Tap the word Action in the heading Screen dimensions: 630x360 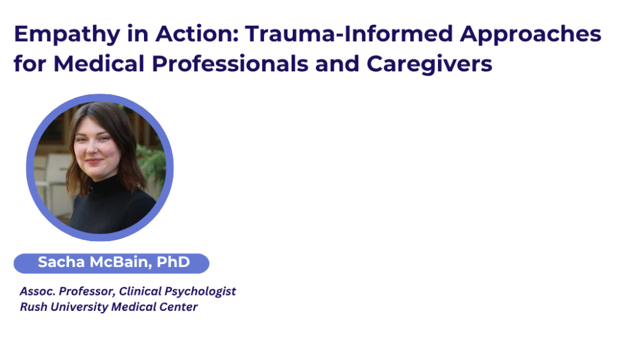coord(197,33)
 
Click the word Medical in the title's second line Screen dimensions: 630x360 coord(99,63)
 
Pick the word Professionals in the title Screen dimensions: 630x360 coord(230,63)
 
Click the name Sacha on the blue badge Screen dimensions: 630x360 coord(61,262)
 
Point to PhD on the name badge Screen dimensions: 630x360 coord(173,262)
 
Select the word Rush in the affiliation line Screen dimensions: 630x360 coord(34,307)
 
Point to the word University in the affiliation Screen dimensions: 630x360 coord(79,308)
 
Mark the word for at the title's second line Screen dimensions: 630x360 coord(30,63)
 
